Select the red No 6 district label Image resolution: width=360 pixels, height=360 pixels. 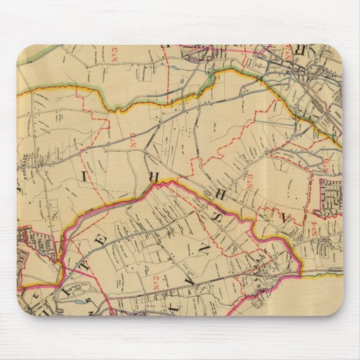click(323, 164)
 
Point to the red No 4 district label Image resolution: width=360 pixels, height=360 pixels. click(315, 229)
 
